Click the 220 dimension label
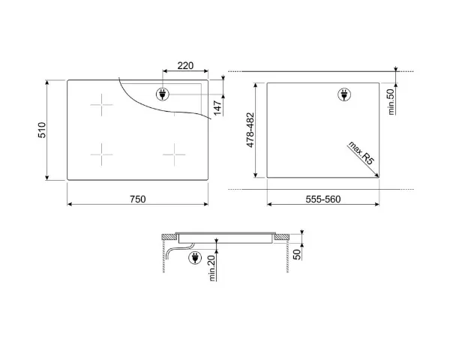(185, 66)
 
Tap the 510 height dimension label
(42, 130)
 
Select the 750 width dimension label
(138, 199)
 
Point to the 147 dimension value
(217, 108)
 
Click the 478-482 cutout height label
(250, 130)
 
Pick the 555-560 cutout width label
(323, 199)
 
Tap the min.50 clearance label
(391, 102)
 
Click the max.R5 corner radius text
(361, 153)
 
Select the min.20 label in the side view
(212, 268)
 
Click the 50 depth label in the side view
(297, 254)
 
